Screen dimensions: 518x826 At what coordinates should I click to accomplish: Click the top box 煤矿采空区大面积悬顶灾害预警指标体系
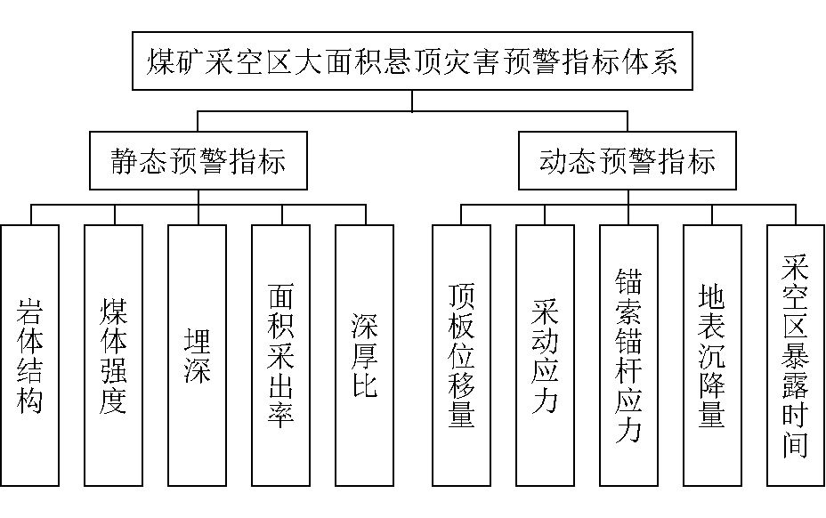pyautogui.click(x=412, y=62)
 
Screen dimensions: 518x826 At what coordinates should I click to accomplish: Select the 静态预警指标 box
pyautogui.click(x=198, y=162)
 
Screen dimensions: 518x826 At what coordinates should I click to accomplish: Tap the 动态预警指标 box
pyautogui.click(x=628, y=162)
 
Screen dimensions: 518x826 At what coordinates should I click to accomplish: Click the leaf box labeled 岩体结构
pyautogui.click(x=31, y=356)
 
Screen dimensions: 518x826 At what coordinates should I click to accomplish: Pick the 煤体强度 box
pyautogui.click(x=114, y=356)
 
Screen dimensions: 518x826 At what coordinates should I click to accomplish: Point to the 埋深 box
pyautogui.click(x=198, y=356)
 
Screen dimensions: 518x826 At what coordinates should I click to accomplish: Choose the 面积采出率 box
pyautogui.click(x=281, y=356)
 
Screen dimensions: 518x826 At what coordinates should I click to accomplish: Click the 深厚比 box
pyautogui.click(x=365, y=356)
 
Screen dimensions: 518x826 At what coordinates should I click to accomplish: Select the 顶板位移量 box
pyautogui.click(x=461, y=356)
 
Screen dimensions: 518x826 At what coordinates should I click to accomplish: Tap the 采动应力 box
pyautogui.click(x=545, y=356)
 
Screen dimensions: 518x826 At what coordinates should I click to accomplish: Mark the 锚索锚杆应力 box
pyautogui.click(x=628, y=356)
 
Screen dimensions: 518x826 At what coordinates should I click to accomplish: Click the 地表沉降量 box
pyautogui.click(x=712, y=356)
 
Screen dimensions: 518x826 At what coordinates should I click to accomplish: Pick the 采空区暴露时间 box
pyautogui.click(x=795, y=356)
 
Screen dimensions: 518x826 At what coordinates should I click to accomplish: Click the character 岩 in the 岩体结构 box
pyautogui.click(x=31, y=312)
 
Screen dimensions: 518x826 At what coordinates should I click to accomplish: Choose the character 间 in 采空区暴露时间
pyautogui.click(x=795, y=443)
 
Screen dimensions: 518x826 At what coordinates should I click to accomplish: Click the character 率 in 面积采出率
pyautogui.click(x=281, y=415)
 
